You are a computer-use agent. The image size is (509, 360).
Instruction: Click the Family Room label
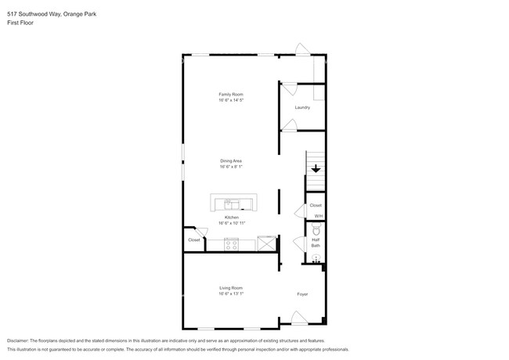click(x=230, y=94)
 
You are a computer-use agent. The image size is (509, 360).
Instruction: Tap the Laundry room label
click(x=301, y=107)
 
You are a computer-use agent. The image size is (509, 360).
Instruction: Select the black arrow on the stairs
click(x=316, y=168)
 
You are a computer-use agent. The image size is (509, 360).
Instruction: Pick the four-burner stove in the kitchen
click(x=231, y=243)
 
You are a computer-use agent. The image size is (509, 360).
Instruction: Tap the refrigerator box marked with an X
click(x=267, y=243)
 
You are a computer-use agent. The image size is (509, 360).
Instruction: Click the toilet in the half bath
click(x=316, y=230)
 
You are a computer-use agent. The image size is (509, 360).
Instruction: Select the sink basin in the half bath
click(x=316, y=258)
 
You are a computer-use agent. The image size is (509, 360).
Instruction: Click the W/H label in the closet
click(x=318, y=216)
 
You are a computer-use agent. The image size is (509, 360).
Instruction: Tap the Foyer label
click(x=301, y=294)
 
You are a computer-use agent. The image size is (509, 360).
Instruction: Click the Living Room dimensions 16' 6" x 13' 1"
click(x=231, y=294)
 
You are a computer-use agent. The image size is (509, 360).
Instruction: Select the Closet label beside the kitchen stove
click(x=193, y=240)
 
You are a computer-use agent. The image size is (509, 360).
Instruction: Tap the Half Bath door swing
click(x=298, y=243)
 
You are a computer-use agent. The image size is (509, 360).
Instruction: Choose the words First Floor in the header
click(x=20, y=23)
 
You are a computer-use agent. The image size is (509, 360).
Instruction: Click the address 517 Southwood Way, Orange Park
click(x=49, y=14)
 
